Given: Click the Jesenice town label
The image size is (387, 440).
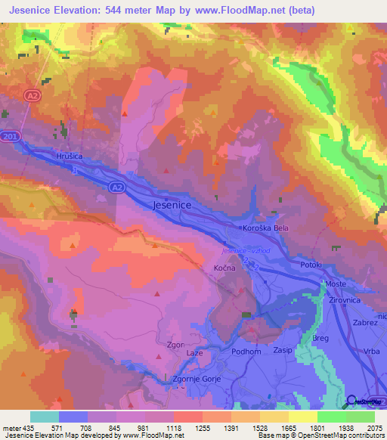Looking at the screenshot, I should (172, 205).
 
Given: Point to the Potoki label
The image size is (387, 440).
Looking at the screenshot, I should (310, 265).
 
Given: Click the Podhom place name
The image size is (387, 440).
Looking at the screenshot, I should (225, 352).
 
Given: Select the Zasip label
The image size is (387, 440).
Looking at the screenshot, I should (283, 352).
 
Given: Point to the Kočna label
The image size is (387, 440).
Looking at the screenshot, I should (222, 268).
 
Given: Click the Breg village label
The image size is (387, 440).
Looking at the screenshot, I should (321, 339).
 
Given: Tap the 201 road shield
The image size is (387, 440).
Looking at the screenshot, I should (9, 136).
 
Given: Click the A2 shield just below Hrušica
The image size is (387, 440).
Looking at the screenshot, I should (115, 186).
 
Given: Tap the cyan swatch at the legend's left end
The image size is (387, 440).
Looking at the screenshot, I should (44, 417).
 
